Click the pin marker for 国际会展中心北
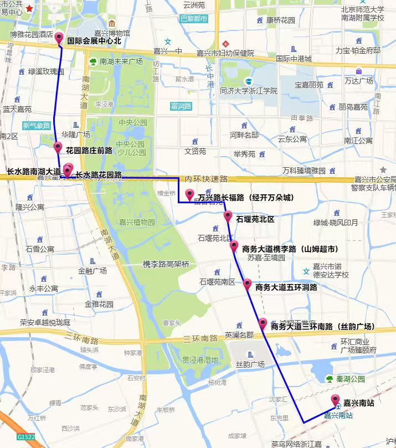coord(59,38)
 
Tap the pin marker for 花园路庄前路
coord(58,147)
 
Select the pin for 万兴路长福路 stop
coord(190,194)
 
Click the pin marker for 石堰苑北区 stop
coord(228,216)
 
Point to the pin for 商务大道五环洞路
coord(247,284)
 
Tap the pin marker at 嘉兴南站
coord(335,400)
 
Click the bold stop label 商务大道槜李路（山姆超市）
coord(290,249)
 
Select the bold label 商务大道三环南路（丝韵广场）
coord(323,327)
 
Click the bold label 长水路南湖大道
coord(34,172)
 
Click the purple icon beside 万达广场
coord(358,71)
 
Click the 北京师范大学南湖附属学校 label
coord(363,13)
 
